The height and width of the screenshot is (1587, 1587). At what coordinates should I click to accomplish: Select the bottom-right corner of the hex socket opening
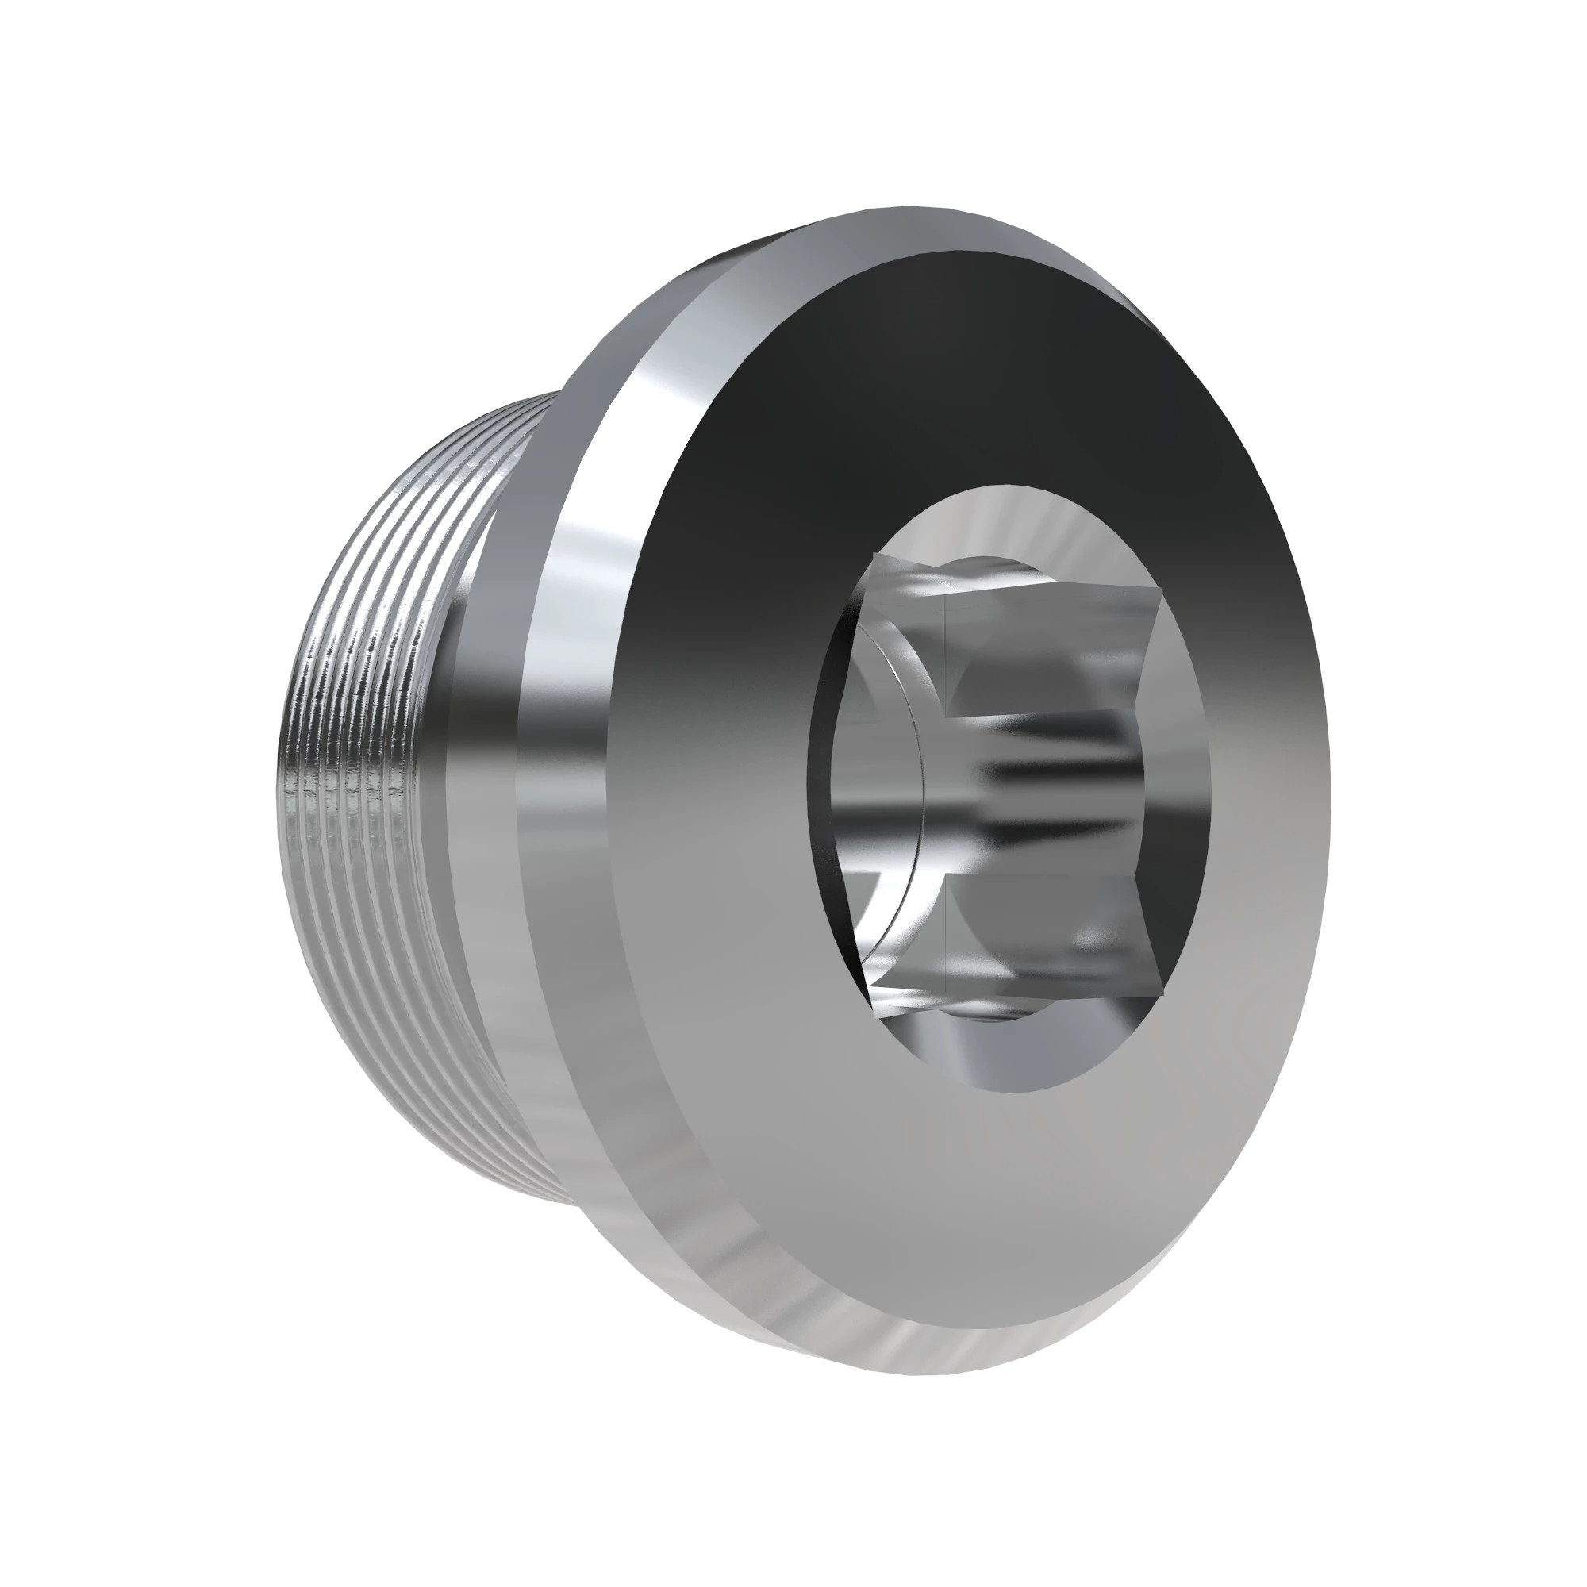click(1166, 994)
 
